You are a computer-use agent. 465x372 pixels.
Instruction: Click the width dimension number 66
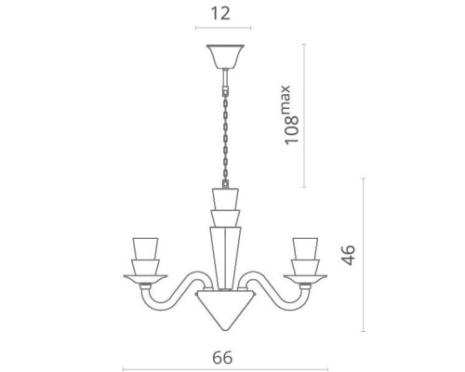pos(222,357)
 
